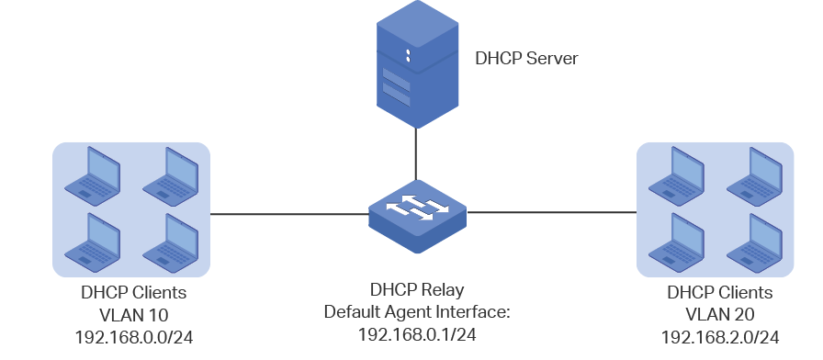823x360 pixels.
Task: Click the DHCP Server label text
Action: coord(526,58)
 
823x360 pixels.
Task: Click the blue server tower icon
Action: coord(417,64)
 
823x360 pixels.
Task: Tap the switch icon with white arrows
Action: coord(417,216)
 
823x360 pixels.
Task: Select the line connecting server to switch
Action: coord(416,154)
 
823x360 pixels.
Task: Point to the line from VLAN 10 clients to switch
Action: coord(289,214)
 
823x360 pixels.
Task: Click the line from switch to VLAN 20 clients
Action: coord(552,212)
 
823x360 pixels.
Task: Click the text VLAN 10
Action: coord(134,315)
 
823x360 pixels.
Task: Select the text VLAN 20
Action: coord(720,314)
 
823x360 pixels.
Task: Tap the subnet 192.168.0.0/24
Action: coord(134,337)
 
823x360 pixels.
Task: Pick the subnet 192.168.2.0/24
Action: coord(720,337)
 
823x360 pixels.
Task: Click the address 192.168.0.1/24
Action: coord(417,334)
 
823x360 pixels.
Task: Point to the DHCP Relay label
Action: coord(417,289)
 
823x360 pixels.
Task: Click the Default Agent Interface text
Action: coord(417,311)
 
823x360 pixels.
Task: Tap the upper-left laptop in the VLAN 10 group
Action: coord(93,176)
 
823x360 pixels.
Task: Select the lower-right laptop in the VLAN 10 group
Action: coord(171,242)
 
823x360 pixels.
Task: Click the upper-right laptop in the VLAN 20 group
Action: coord(754,176)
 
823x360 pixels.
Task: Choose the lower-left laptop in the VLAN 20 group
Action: coord(676,242)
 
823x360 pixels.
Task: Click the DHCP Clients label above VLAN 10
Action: coord(134,292)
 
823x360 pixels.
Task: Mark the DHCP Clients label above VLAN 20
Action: coord(720,292)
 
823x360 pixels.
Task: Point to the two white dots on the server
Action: coord(408,56)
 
